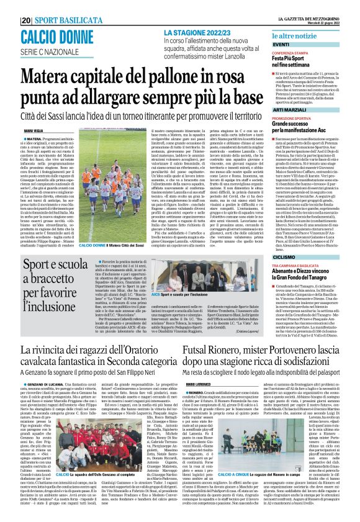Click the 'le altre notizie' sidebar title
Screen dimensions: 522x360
coord(295,38)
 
